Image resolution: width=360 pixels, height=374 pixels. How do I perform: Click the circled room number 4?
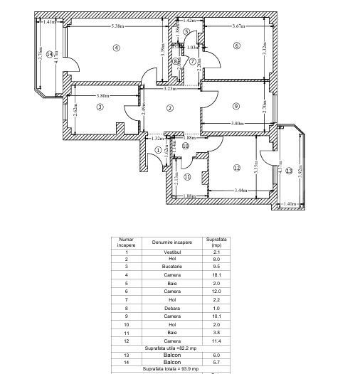tap(116, 48)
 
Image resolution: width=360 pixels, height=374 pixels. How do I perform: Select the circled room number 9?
tap(236, 107)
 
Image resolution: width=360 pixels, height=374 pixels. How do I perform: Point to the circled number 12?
tap(237, 169)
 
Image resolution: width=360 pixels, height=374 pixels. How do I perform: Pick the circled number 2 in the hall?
tap(170, 107)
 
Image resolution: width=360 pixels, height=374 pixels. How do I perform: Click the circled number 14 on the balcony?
tap(49, 54)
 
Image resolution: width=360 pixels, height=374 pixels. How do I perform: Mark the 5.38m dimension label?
tap(119, 26)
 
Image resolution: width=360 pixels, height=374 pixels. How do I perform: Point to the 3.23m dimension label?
tap(170, 89)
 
